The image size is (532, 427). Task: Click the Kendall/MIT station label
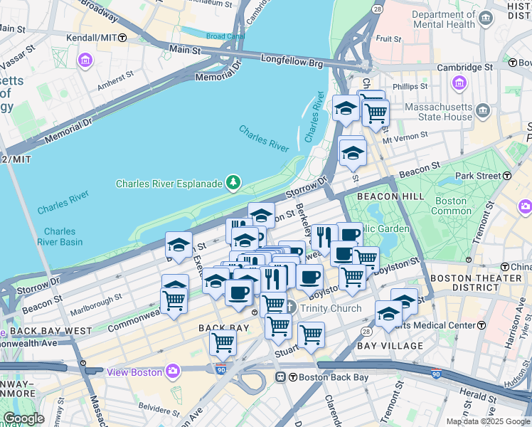tap(91, 37)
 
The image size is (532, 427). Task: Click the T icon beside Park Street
tap(507, 175)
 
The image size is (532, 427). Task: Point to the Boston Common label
tap(451, 206)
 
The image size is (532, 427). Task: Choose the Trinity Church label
tap(330, 308)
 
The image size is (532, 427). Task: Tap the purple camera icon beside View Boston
tap(173, 371)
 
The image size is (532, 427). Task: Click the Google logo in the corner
tap(23, 418)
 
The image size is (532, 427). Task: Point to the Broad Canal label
tap(225, 36)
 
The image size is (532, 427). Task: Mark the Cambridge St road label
tap(464, 67)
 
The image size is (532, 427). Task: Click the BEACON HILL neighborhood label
tap(381, 196)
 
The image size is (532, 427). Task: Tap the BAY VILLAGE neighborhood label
tap(389, 346)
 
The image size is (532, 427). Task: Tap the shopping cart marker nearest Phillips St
tap(376, 112)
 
